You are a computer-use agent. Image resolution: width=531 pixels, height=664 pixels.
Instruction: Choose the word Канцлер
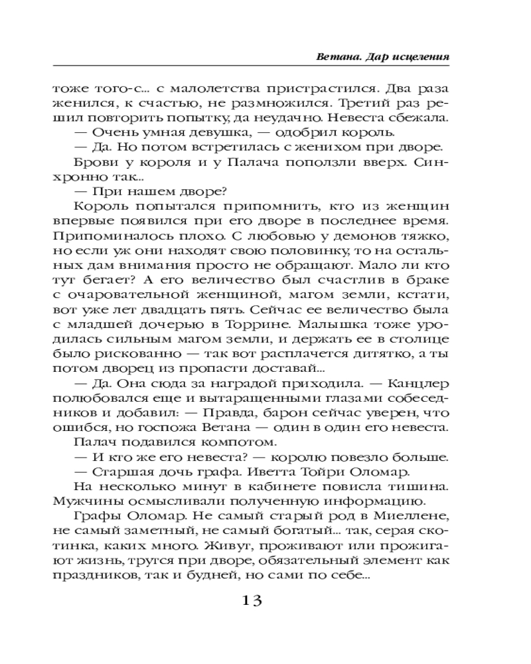tap(416, 385)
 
